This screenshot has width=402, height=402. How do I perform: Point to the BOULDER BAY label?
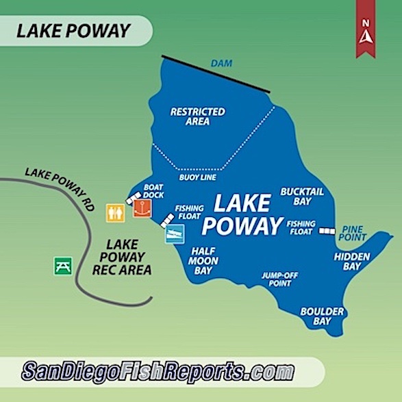[317, 316]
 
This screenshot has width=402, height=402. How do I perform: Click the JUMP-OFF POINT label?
[277, 279]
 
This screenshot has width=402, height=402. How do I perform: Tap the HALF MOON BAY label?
[205, 260]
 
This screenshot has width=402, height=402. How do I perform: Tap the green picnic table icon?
[63, 265]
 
